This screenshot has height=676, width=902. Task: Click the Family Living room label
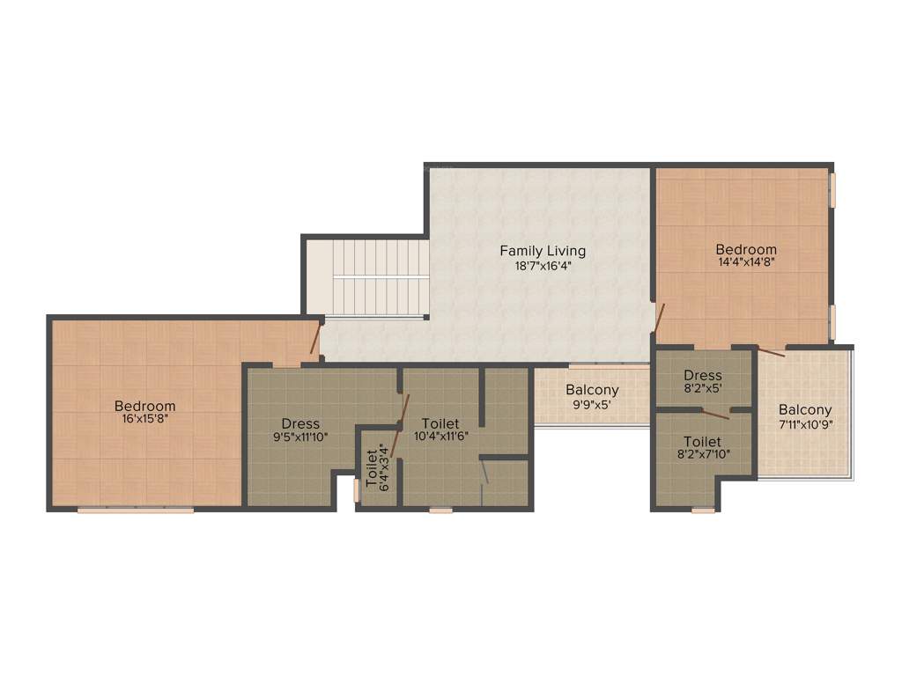(x=543, y=251)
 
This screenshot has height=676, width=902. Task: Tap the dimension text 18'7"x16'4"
(x=543, y=265)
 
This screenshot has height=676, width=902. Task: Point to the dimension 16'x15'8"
(x=145, y=419)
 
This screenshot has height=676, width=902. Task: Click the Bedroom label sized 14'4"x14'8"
(x=746, y=249)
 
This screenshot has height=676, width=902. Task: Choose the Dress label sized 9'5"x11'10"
(x=300, y=423)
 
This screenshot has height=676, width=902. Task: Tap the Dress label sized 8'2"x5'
(x=703, y=376)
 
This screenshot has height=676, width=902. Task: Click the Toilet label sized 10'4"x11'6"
(x=440, y=423)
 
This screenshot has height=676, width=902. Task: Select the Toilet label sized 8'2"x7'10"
(x=702, y=441)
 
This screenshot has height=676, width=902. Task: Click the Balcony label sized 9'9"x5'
(x=592, y=390)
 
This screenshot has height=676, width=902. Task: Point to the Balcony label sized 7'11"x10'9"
(x=805, y=410)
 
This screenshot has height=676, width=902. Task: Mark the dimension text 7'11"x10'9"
(x=805, y=423)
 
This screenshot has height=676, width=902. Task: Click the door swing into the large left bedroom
(x=314, y=339)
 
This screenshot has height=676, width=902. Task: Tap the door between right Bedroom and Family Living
(x=659, y=318)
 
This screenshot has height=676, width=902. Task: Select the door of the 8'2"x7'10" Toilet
(x=715, y=413)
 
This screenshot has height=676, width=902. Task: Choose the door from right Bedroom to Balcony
(x=771, y=352)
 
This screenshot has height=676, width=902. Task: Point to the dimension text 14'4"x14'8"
(x=746, y=261)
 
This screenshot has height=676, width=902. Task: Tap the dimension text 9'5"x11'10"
(x=300, y=436)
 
